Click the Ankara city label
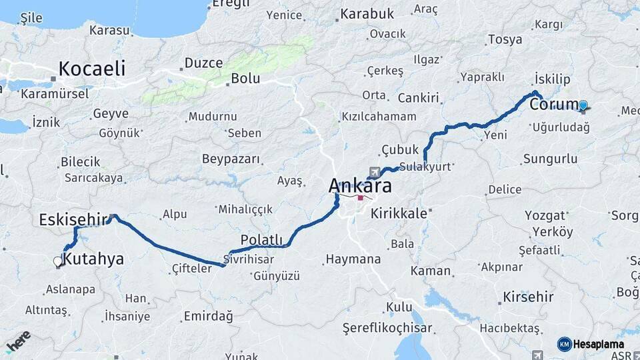360,185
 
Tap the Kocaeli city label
91,68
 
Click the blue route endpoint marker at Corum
583,105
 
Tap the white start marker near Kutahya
57,262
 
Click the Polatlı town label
261,240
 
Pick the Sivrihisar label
249,259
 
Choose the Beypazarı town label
232,159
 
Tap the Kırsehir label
528,296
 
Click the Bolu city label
245,78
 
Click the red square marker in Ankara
361,197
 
